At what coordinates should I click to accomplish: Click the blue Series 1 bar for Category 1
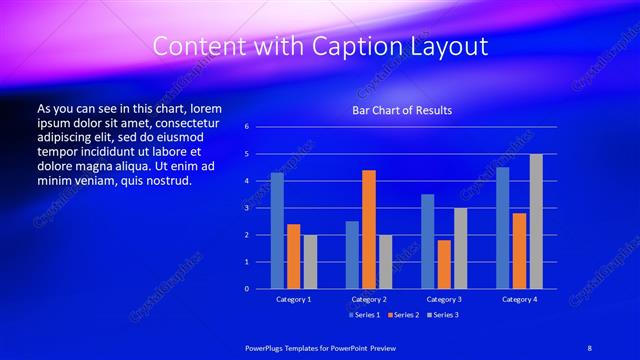[277, 231]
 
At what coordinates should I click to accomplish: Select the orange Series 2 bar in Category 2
[368, 229]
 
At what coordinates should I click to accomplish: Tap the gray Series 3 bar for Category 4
[536, 221]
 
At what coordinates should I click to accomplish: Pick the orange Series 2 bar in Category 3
[443, 264]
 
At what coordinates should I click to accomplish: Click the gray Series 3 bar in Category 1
[310, 262]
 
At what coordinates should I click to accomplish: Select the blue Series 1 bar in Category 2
[352, 255]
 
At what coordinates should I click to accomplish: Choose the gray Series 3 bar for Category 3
[460, 248]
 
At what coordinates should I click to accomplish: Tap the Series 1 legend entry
[365, 315]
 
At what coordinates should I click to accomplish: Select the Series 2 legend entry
[402, 315]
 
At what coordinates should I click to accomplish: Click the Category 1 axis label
[293, 299]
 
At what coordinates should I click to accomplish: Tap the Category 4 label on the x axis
[519, 299]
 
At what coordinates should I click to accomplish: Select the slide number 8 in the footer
[589, 346]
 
